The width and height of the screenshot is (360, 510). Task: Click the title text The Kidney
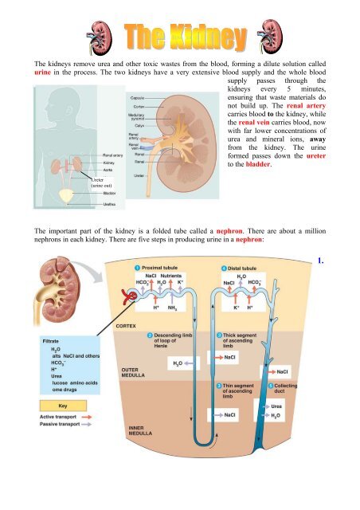coord(179,36)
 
